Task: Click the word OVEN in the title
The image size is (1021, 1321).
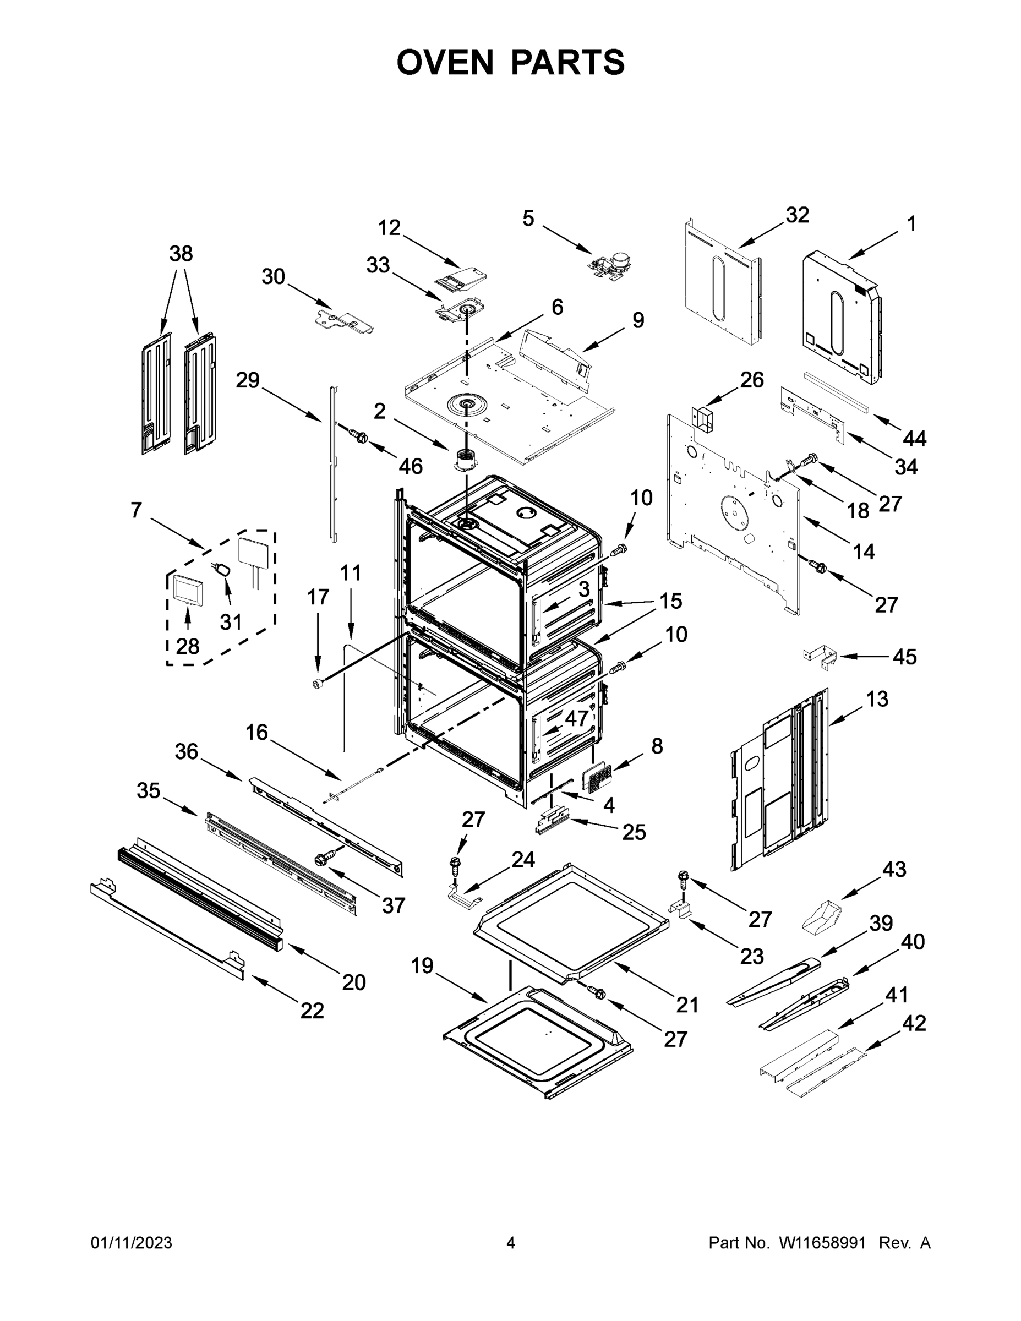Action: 445,62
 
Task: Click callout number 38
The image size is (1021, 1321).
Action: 181,253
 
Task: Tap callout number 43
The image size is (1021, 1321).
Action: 894,869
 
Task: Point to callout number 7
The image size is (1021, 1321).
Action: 136,510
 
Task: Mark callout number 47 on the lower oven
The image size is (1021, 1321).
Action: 576,718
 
